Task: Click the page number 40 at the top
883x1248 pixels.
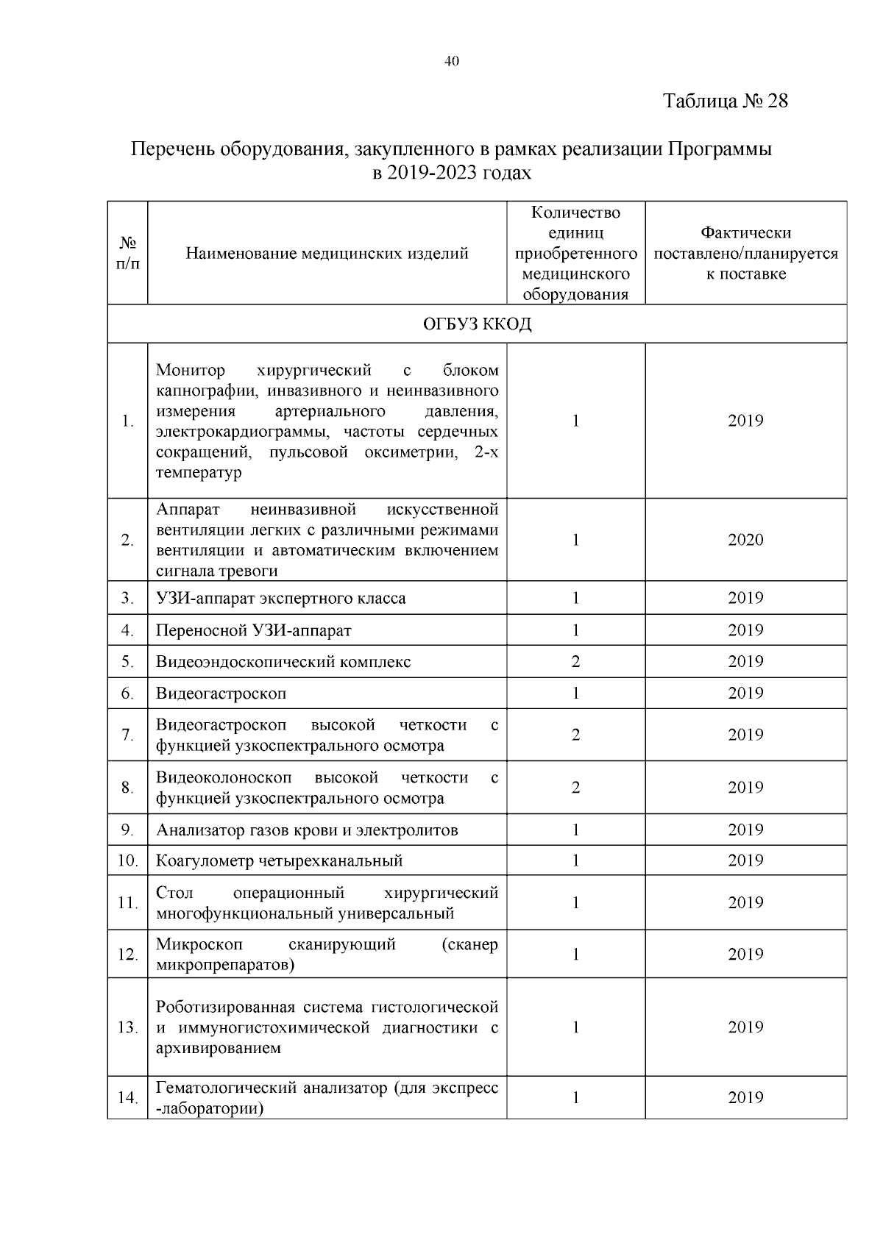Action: coord(452,62)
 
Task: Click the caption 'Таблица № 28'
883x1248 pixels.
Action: coord(725,101)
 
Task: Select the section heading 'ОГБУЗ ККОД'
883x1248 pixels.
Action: coord(477,324)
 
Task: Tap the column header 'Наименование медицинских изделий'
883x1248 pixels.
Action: coord(327,254)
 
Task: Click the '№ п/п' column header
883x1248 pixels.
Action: coord(127,254)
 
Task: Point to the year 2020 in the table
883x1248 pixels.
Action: coord(745,540)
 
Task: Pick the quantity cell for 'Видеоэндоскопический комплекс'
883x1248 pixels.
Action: coord(575,661)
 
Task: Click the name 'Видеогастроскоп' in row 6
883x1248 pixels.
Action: coord(221,693)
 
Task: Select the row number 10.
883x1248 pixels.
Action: coord(127,860)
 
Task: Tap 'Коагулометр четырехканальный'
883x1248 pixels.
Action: coord(279,860)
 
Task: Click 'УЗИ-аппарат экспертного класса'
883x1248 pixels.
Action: coord(280,599)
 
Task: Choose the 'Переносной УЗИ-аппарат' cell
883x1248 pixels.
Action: coord(253,630)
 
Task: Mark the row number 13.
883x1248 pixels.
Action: coord(127,1027)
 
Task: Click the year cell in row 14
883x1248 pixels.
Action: coord(745,1097)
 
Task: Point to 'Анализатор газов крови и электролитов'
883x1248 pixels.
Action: coord(307,830)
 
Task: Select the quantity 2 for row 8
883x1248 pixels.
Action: coord(575,788)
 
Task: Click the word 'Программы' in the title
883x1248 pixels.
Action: coord(720,149)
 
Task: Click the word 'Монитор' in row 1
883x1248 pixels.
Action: coord(191,369)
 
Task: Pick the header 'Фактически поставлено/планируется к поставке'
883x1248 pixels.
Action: coord(745,254)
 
